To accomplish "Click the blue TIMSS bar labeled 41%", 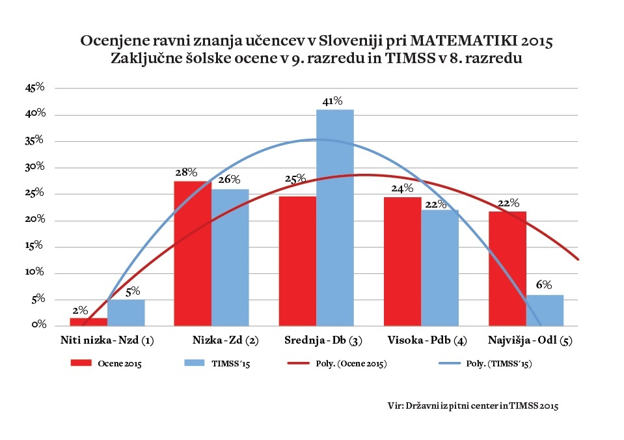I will [335, 217].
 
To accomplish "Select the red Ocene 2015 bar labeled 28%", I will [193, 253].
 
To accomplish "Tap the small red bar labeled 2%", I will [88, 322].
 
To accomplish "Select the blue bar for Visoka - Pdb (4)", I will [439, 268].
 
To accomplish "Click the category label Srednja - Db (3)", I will [321, 340].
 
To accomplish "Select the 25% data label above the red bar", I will [295, 180].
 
